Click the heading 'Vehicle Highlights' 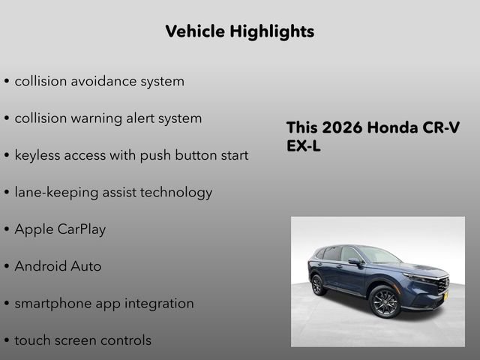[x=239, y=31]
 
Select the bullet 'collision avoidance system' [x=99, y=81]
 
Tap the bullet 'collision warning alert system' [x=108, y=118]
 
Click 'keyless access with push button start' [x=131, y=155]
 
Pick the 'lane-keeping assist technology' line [x=113, y=192]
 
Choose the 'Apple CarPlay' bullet [x=60, y=229]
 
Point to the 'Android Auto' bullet [x=58, y=266]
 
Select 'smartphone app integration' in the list [x=104, y=304]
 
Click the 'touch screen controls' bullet [x=82, y=340]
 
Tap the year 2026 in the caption [x=342, y=127]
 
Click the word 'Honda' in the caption [x=394, y=127]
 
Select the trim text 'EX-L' [x=304, y=147]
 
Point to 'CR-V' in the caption [x=442, y=127]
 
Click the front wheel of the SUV [x=385, y=301]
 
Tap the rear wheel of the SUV [x=319, y=285]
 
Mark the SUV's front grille [x=442, y=285]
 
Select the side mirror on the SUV [x=354, y=262]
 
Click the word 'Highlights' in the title [x=273, y=31]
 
